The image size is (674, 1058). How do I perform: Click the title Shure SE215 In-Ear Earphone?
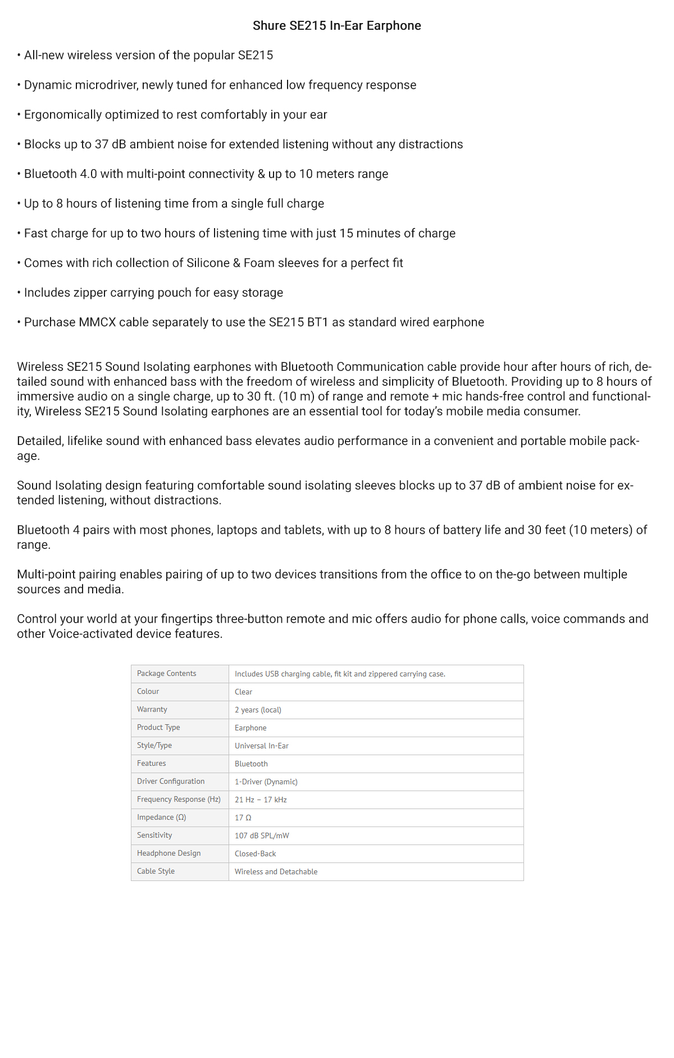336,26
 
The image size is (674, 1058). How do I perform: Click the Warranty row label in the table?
152,710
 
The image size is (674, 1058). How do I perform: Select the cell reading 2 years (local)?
258,710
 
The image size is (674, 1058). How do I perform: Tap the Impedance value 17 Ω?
243,818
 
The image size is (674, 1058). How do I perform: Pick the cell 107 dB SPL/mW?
262,836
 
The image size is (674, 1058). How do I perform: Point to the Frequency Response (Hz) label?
179,800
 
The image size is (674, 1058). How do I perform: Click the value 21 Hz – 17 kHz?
261,800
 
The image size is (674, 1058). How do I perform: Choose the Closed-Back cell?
255,854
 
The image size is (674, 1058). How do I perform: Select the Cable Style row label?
156,871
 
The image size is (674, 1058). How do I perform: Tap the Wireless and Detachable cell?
276,872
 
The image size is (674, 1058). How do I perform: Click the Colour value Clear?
243,692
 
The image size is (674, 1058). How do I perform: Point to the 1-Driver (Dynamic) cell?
266,782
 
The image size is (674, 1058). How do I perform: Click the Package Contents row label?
166,674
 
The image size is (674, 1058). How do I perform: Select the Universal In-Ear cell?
261,746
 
